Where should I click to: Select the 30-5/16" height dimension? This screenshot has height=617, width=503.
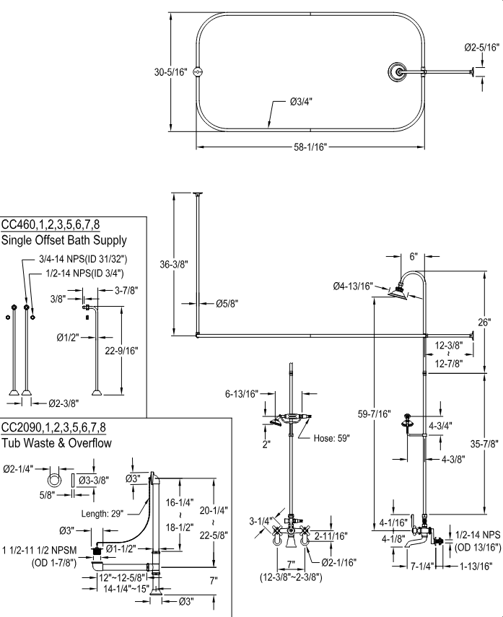click(170, 72)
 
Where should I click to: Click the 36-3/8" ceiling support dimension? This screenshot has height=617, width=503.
click(174, 264)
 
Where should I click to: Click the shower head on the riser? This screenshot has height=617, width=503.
click(397, 291)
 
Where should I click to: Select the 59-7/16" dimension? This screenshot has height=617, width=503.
click(375, 414)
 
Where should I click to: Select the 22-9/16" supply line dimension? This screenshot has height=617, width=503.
click(121, 351)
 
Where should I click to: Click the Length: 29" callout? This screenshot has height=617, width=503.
click(103, 513)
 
